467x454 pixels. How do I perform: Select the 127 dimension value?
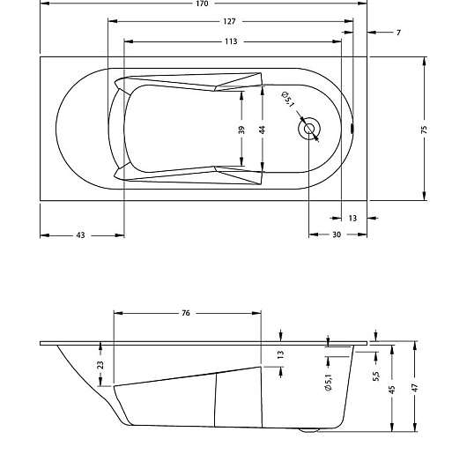click(230, 21)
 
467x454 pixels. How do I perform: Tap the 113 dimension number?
click(231, 41)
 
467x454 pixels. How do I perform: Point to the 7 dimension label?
click(398, 32)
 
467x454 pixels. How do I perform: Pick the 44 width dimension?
click(262, 129)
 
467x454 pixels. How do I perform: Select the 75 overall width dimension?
click(425, 129)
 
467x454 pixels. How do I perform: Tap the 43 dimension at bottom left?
click(80, 234)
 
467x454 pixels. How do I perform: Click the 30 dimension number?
click(337, 234)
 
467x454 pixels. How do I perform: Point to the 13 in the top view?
click(352, 217)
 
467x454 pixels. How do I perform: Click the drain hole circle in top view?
click(309, 129)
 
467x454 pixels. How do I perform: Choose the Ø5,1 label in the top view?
click(286, 99)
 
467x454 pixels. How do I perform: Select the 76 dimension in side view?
click(187, 313)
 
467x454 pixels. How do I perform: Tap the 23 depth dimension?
click(100, 364)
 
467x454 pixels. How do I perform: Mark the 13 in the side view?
click(281, 354)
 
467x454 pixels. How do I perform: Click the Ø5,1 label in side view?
click(327, 381)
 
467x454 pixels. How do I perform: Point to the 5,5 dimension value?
click(376, 376)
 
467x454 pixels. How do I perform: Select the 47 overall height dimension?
click(413, 388)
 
